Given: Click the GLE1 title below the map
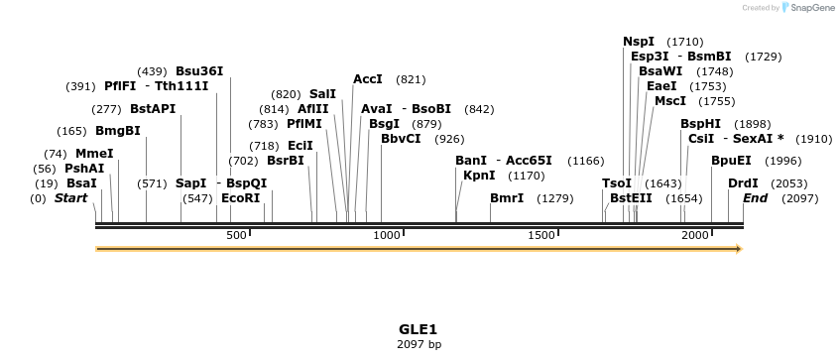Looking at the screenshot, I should tap(418, 328).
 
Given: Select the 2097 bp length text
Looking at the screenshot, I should tap(418, 344).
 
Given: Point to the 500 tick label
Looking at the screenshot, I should tap(236, 235).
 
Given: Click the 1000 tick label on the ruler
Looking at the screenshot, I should tap(387, 235).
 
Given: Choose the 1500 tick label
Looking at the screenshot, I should tap(541, 235).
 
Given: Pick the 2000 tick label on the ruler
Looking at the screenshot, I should tap(695, 235).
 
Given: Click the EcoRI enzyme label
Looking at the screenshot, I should tap(241, 198).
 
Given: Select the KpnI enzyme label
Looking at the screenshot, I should tap(479, 176).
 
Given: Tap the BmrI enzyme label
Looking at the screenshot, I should tap(507, 198).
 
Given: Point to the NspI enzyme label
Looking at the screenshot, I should tap(639, 42).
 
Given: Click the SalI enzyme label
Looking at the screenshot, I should tap(322, 94).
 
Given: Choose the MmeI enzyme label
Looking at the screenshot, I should tap(94, 154).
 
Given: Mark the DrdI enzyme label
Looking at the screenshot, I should tap(743, 183).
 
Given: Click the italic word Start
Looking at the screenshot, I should tap(70, 198).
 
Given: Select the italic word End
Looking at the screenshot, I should tap(755, 198).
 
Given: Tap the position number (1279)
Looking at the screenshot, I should tap(555, 198).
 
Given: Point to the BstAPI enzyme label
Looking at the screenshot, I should tap(152, 109).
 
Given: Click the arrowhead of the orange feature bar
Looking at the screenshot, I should tap(738, 249).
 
